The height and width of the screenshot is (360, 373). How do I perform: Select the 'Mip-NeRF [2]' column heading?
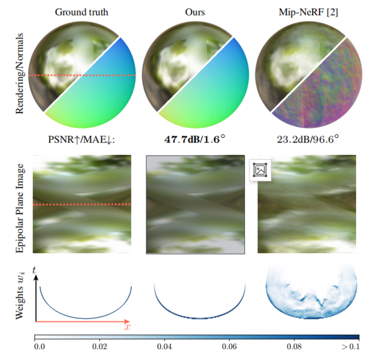click(x=310, y=11)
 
